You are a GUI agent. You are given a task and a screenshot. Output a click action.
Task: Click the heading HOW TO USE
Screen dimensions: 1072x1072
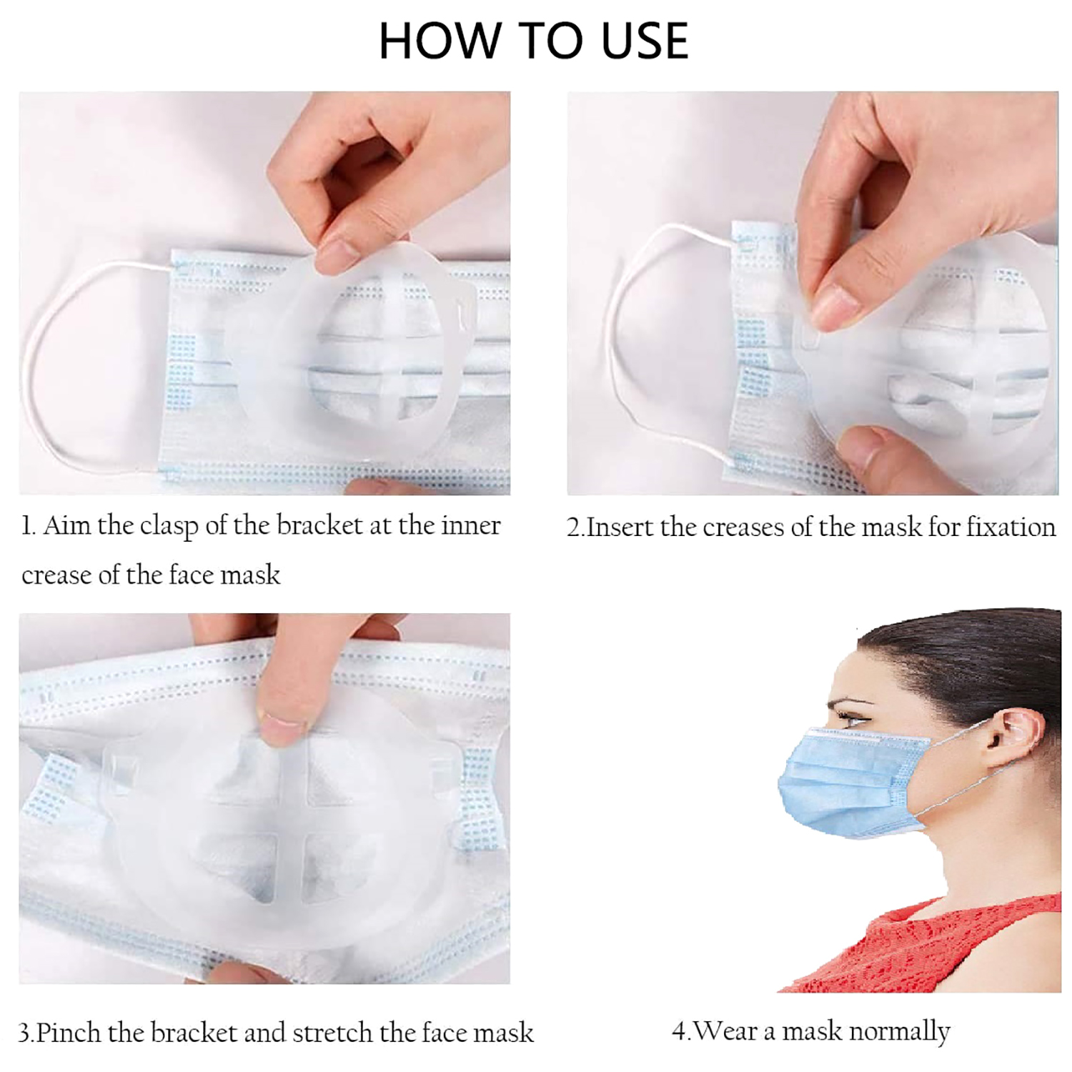[533, 41]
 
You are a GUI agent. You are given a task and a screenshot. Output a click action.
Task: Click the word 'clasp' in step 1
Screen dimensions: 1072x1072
[169, 527]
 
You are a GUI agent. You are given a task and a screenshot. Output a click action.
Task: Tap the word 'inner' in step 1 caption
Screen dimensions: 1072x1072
[470, 525]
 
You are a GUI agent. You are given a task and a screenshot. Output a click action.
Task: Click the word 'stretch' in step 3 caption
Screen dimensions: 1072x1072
[332, 1032]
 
